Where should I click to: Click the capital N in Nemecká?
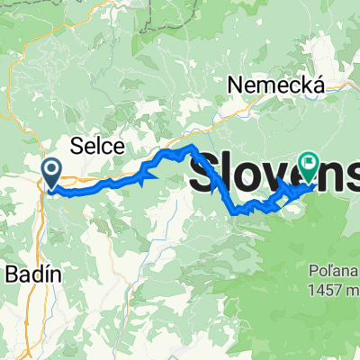[237, 85]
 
